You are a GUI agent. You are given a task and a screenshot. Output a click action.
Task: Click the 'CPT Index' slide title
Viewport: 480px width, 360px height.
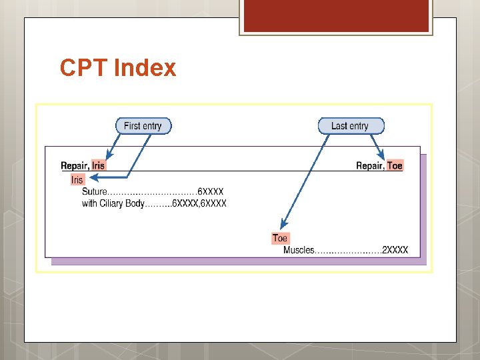[117, 68]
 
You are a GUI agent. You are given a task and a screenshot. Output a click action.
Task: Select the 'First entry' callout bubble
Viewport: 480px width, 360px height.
[143, 126]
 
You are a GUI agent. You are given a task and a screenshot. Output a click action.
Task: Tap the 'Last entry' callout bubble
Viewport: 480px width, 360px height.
[349, 126]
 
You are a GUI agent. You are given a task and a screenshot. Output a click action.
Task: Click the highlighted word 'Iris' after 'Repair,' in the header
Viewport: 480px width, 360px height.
[98, 165]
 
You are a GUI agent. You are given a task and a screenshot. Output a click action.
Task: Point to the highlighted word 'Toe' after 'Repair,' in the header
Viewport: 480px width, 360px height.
[395, 165]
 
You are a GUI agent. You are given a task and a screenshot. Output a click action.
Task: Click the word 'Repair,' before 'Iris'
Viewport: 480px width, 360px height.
[75, 165]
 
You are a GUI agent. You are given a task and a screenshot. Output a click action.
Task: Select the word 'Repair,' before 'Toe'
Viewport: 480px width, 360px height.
[370, 165]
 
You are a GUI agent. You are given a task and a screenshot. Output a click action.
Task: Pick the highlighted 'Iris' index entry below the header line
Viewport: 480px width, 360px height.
[77, 179]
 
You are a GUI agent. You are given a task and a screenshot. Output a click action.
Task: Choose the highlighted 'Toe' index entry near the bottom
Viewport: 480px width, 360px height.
[280, 238]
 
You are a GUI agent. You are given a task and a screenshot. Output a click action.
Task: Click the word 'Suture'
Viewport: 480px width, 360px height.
[94, 192]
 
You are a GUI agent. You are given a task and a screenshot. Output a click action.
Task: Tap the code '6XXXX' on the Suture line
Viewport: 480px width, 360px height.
[211, 192]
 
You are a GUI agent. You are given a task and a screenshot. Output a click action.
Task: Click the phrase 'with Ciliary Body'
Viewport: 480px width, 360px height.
[113, 203]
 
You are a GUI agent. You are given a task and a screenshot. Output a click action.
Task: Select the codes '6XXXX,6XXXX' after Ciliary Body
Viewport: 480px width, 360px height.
[199, 203]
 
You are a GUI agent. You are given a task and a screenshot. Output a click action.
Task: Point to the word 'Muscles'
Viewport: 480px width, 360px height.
[299, 251]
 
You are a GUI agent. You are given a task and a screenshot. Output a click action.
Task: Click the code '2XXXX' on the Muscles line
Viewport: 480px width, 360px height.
[395, 251]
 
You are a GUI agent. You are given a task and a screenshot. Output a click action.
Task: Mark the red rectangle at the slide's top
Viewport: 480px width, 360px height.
[336, 16]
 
